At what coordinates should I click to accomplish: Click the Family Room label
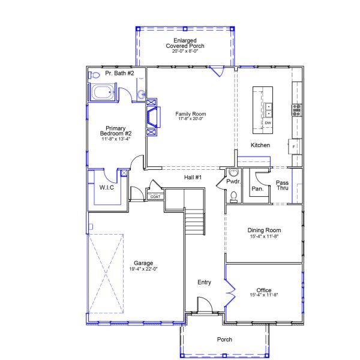(190, 113)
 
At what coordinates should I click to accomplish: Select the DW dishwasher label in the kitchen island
(268, 123)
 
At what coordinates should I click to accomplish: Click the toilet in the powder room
(234, 194)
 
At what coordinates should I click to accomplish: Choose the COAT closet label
(155, 196)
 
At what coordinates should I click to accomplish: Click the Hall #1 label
(193, 178)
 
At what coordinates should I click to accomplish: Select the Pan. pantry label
(257, 188)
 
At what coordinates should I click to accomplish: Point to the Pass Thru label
(283, 185)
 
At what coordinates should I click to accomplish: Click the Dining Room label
(264, 230)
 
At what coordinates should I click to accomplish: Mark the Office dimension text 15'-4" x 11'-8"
(264, 295)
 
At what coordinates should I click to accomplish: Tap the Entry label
(205, 282)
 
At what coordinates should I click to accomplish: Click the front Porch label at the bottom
(224, 339)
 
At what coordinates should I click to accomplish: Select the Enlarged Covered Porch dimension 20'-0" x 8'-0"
(185, 51)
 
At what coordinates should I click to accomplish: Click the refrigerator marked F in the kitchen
(294, 146)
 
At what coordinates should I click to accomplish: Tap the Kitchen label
(260, 145)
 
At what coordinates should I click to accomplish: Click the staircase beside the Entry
(194, 223)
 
